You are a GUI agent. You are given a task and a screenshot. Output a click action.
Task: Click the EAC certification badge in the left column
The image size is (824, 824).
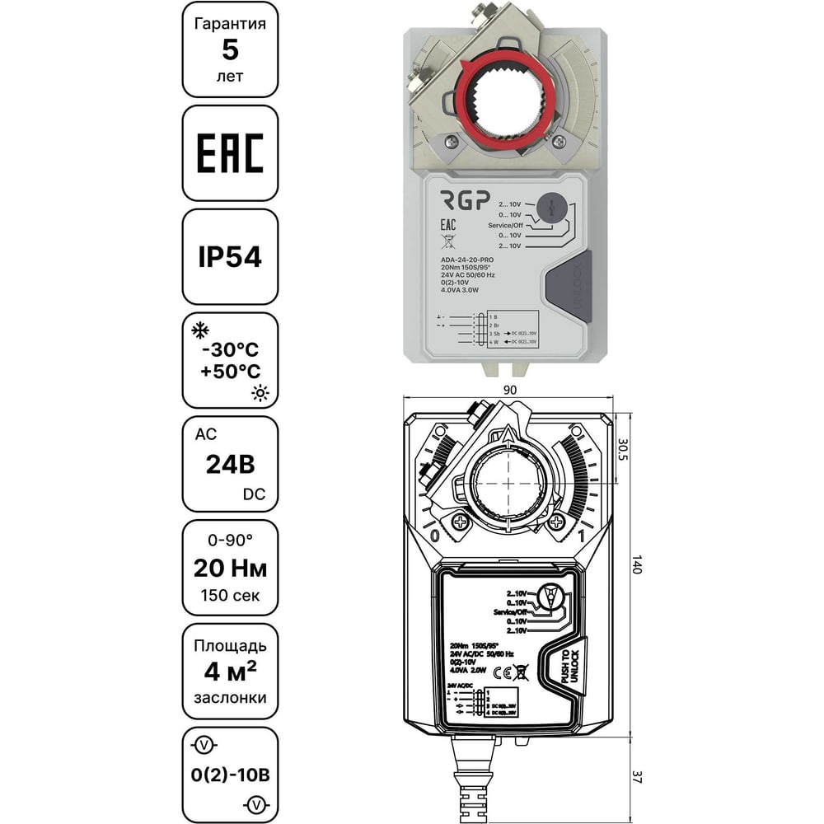(x=230, y=153)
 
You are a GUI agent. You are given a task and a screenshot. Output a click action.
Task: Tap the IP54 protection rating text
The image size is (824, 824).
(x=230, y=257)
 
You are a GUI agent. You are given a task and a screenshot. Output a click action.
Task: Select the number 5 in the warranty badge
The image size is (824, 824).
(x=230, y=50)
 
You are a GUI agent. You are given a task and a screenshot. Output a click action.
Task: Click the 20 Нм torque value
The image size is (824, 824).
(x=230, y=568)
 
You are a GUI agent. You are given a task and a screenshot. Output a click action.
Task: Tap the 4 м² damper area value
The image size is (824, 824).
(x=230, y=672)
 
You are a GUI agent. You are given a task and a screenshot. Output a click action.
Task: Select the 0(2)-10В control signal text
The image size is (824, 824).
(x=230, y=775)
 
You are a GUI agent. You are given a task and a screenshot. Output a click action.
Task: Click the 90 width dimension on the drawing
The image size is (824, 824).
(x=509, y=389)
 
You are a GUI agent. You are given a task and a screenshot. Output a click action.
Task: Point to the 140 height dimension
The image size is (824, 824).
(x=635, y=568)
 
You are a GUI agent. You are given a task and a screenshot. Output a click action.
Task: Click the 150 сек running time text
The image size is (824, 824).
(x=230, y=595)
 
